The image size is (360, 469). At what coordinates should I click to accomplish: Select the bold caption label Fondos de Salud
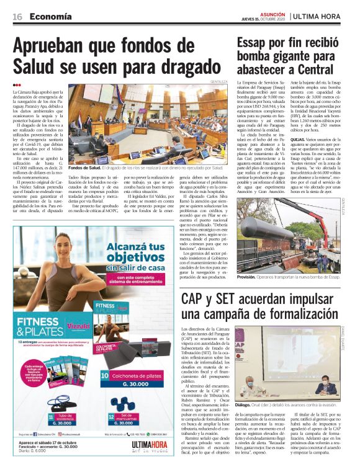[x=84, y=168]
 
